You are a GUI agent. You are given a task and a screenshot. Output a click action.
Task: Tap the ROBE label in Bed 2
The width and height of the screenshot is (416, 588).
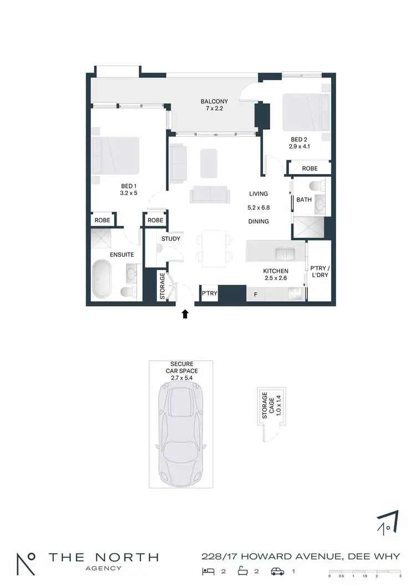pyautogui.click(x=310, y=168)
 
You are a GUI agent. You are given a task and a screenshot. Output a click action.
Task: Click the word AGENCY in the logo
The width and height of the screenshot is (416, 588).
pyautogui.click(x=103, y=569)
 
